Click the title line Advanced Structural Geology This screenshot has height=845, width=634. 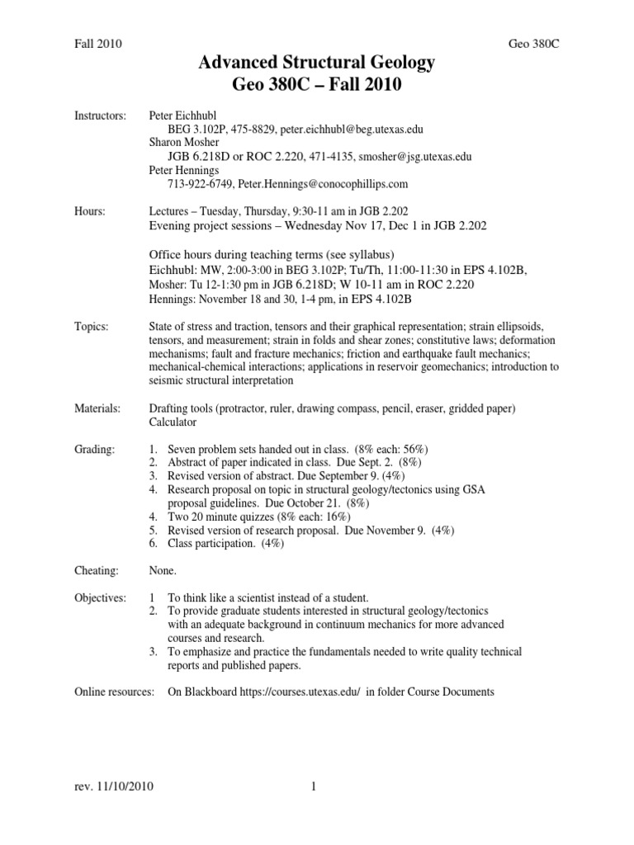point(317,64)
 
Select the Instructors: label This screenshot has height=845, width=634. point(100,116)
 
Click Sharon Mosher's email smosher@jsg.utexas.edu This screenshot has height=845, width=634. point(401,157)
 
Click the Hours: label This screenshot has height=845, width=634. point(90,211)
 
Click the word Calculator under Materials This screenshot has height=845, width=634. point(173,422)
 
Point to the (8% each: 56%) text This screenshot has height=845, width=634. point(390,449)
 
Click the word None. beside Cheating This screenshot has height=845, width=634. point(163,570)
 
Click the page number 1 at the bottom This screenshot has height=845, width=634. point(315,786)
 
